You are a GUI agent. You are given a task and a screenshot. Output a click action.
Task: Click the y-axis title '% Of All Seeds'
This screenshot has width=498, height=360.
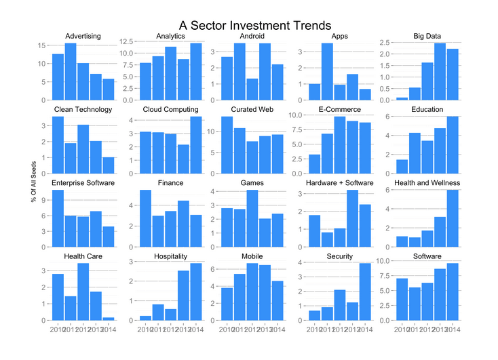point(33,181)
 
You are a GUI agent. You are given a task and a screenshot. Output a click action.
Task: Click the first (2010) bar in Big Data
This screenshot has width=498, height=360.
point(402,98)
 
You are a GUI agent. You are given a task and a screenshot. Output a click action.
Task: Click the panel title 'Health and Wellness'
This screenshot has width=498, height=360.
point(427,183)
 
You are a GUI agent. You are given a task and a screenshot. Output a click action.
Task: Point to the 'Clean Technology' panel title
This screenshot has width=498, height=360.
point(83,109)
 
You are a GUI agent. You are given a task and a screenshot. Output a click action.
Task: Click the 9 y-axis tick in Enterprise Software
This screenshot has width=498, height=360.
point(43,200)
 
